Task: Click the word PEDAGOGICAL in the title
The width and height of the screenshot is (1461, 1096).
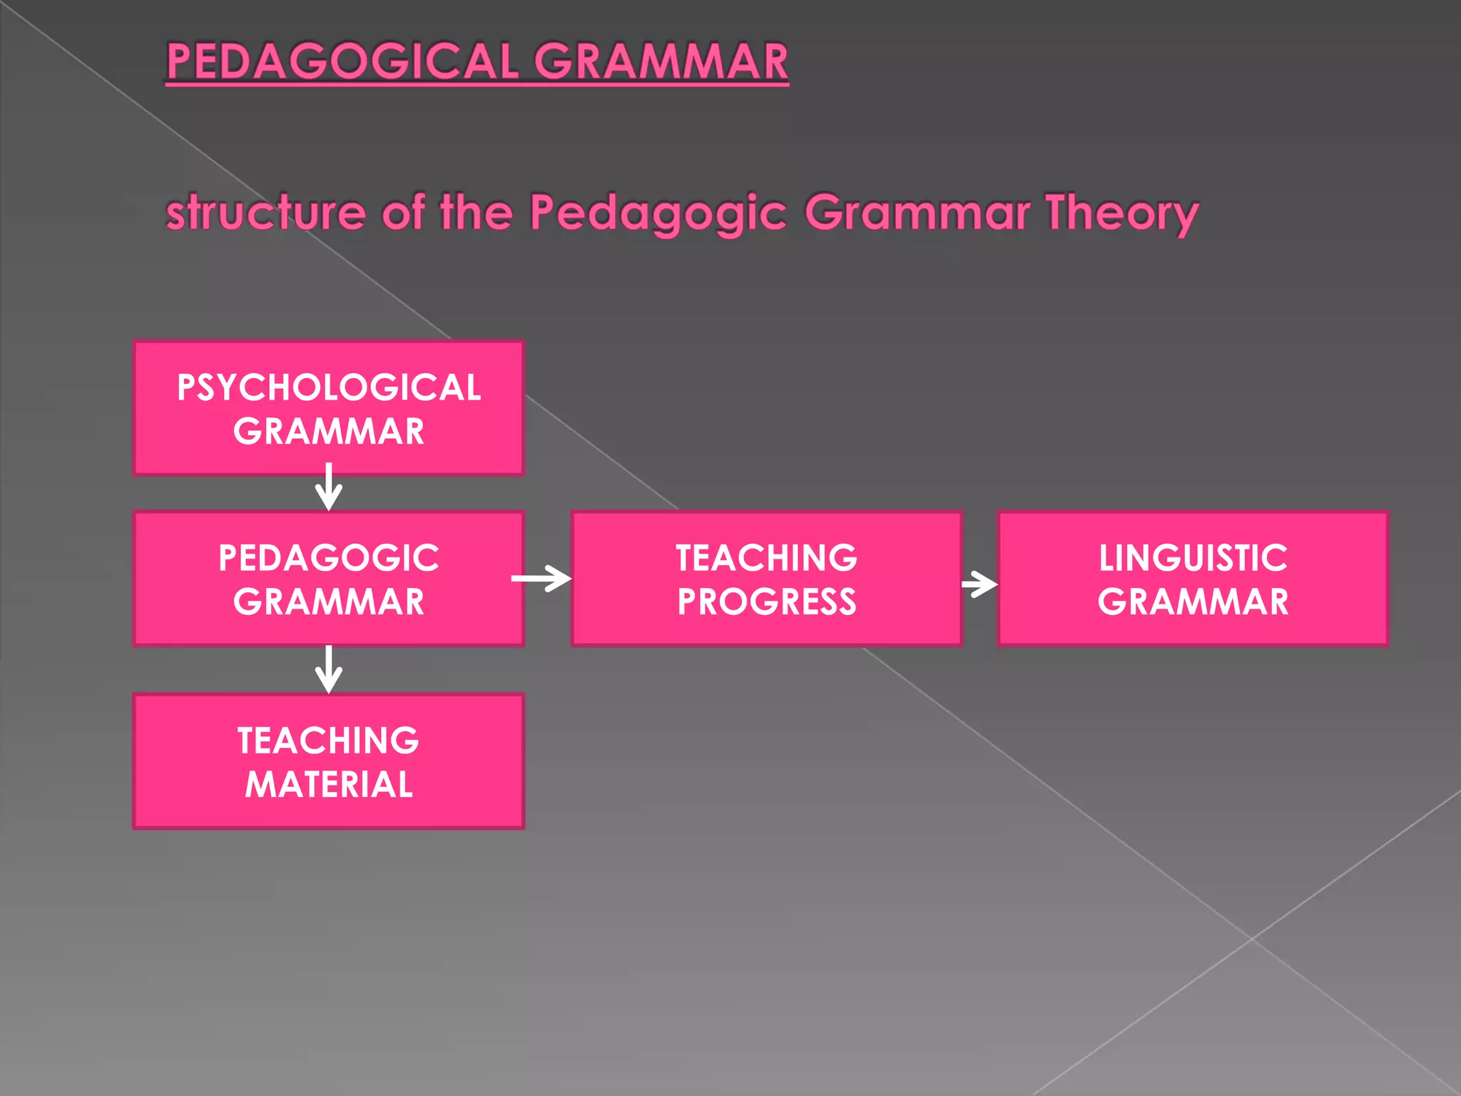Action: (x=342, y=61)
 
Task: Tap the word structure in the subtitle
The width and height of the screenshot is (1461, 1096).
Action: (x=265, y=213)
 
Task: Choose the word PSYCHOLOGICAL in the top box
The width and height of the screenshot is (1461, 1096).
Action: (x=329, y=388)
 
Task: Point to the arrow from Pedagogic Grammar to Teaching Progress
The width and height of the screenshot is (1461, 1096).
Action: (x=542, y=579)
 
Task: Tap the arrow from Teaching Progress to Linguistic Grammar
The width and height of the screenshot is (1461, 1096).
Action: (x=979, y=584)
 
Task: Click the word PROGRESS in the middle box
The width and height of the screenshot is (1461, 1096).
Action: (x=767, y=602)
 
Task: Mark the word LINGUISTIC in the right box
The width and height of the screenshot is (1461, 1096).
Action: (x=1193, y=558)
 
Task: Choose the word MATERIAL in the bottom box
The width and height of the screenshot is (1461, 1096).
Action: (x=329, y=784)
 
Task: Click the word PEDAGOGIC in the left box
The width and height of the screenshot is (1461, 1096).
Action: (x=329, y=558)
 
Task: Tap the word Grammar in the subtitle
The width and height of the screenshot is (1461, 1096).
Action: (x=917, y=213)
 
